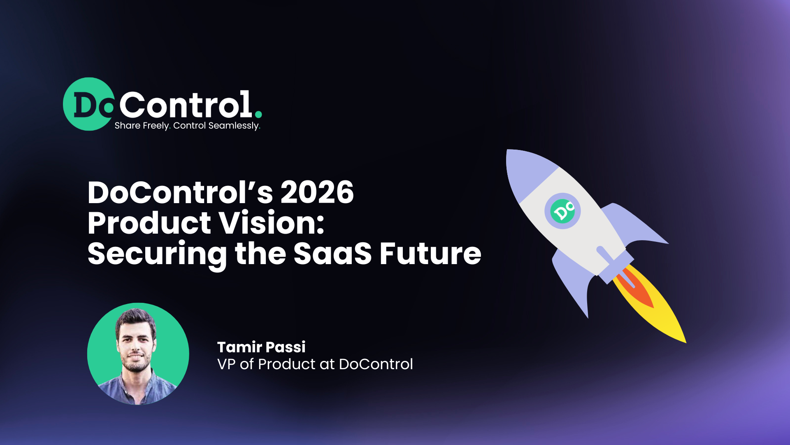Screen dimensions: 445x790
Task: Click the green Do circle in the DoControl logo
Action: [x=89, y=104]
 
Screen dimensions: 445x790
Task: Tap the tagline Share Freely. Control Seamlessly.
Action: [x=187, y=126]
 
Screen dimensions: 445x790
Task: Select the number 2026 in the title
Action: [x=317, y=192]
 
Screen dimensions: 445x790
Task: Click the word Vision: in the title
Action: [x=271, y=223]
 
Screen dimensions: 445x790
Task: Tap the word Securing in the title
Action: [x=157, y=254]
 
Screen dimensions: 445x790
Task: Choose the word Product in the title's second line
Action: [x=149, y=223]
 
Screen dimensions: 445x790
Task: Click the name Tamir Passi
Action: [x=261, y=347]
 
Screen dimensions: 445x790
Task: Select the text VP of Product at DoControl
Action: [x=315, y=364]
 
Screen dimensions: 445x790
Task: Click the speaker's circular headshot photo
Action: [x=138, y=354]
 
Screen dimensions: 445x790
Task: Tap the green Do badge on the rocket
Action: [x=562, y=211]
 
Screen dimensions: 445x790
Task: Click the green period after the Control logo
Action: [x=258, y=114]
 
